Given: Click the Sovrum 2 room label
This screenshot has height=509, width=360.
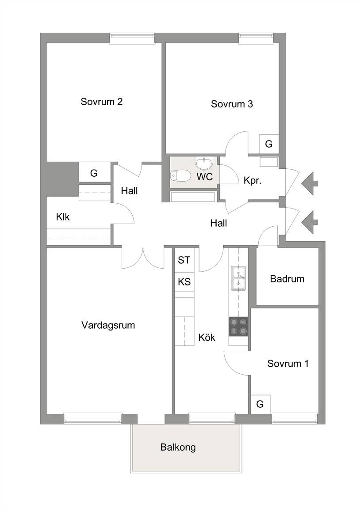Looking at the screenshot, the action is point(101,102).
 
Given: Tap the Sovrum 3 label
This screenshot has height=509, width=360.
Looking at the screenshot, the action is point(232,104).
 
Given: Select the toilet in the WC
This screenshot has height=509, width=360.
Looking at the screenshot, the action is point(180,176).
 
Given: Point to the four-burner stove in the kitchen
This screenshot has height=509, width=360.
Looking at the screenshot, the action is point(238,327).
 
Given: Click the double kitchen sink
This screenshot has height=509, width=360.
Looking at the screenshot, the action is point(238,278).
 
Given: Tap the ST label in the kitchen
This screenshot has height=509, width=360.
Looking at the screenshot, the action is point(184,260).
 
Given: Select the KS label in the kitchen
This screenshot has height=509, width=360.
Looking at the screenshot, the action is point(184,281).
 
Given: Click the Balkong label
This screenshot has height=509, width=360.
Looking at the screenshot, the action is point(178,447).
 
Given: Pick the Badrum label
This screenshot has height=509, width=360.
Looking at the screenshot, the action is point(287,279).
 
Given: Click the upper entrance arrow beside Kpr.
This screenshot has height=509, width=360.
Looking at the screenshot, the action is point(309,183).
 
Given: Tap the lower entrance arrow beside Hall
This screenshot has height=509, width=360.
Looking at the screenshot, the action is point(309,222).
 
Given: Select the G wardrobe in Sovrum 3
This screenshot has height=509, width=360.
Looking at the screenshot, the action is point(269,144).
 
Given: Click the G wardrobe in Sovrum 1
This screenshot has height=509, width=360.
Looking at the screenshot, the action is point(260,404).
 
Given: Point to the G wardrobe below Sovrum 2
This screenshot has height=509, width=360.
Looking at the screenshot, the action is point(94,173).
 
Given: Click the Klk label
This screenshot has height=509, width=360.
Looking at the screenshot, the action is point(63,217).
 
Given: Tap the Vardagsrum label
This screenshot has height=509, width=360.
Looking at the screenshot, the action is point(108,325).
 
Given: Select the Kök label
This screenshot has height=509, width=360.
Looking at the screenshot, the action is point(207,338).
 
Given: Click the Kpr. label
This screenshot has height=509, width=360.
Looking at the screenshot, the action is point(253,181).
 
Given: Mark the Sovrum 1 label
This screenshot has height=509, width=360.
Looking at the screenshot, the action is point(288,364).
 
